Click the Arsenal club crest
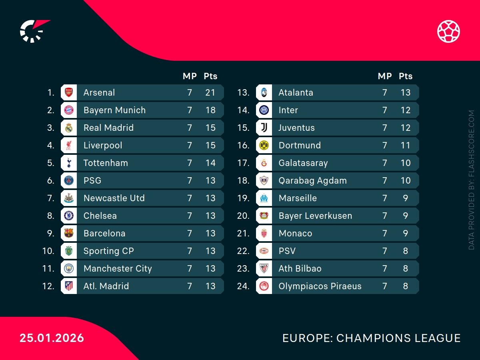coord(69,92)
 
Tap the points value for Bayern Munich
coord(210,110)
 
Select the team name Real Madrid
coord(108,128)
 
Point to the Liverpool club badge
coord(69,145)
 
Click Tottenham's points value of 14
coord(210,163)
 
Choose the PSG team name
coord(92,180)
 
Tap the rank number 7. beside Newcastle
coord(50,198)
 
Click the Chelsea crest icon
coord(69,216)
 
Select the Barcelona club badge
coord(69,233)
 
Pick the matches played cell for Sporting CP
coord(190,251)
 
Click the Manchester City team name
coord(118,268)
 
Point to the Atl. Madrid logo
coord(69,286)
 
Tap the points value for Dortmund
coord(406,145)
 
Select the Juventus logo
coord(264,128)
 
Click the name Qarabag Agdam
coord(312,180)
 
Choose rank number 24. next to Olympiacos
coord(243,286)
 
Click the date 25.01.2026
coord(52,338)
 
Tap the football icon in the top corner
coord(448,31)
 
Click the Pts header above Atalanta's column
coord(406,76)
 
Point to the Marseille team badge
coord(264,198)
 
